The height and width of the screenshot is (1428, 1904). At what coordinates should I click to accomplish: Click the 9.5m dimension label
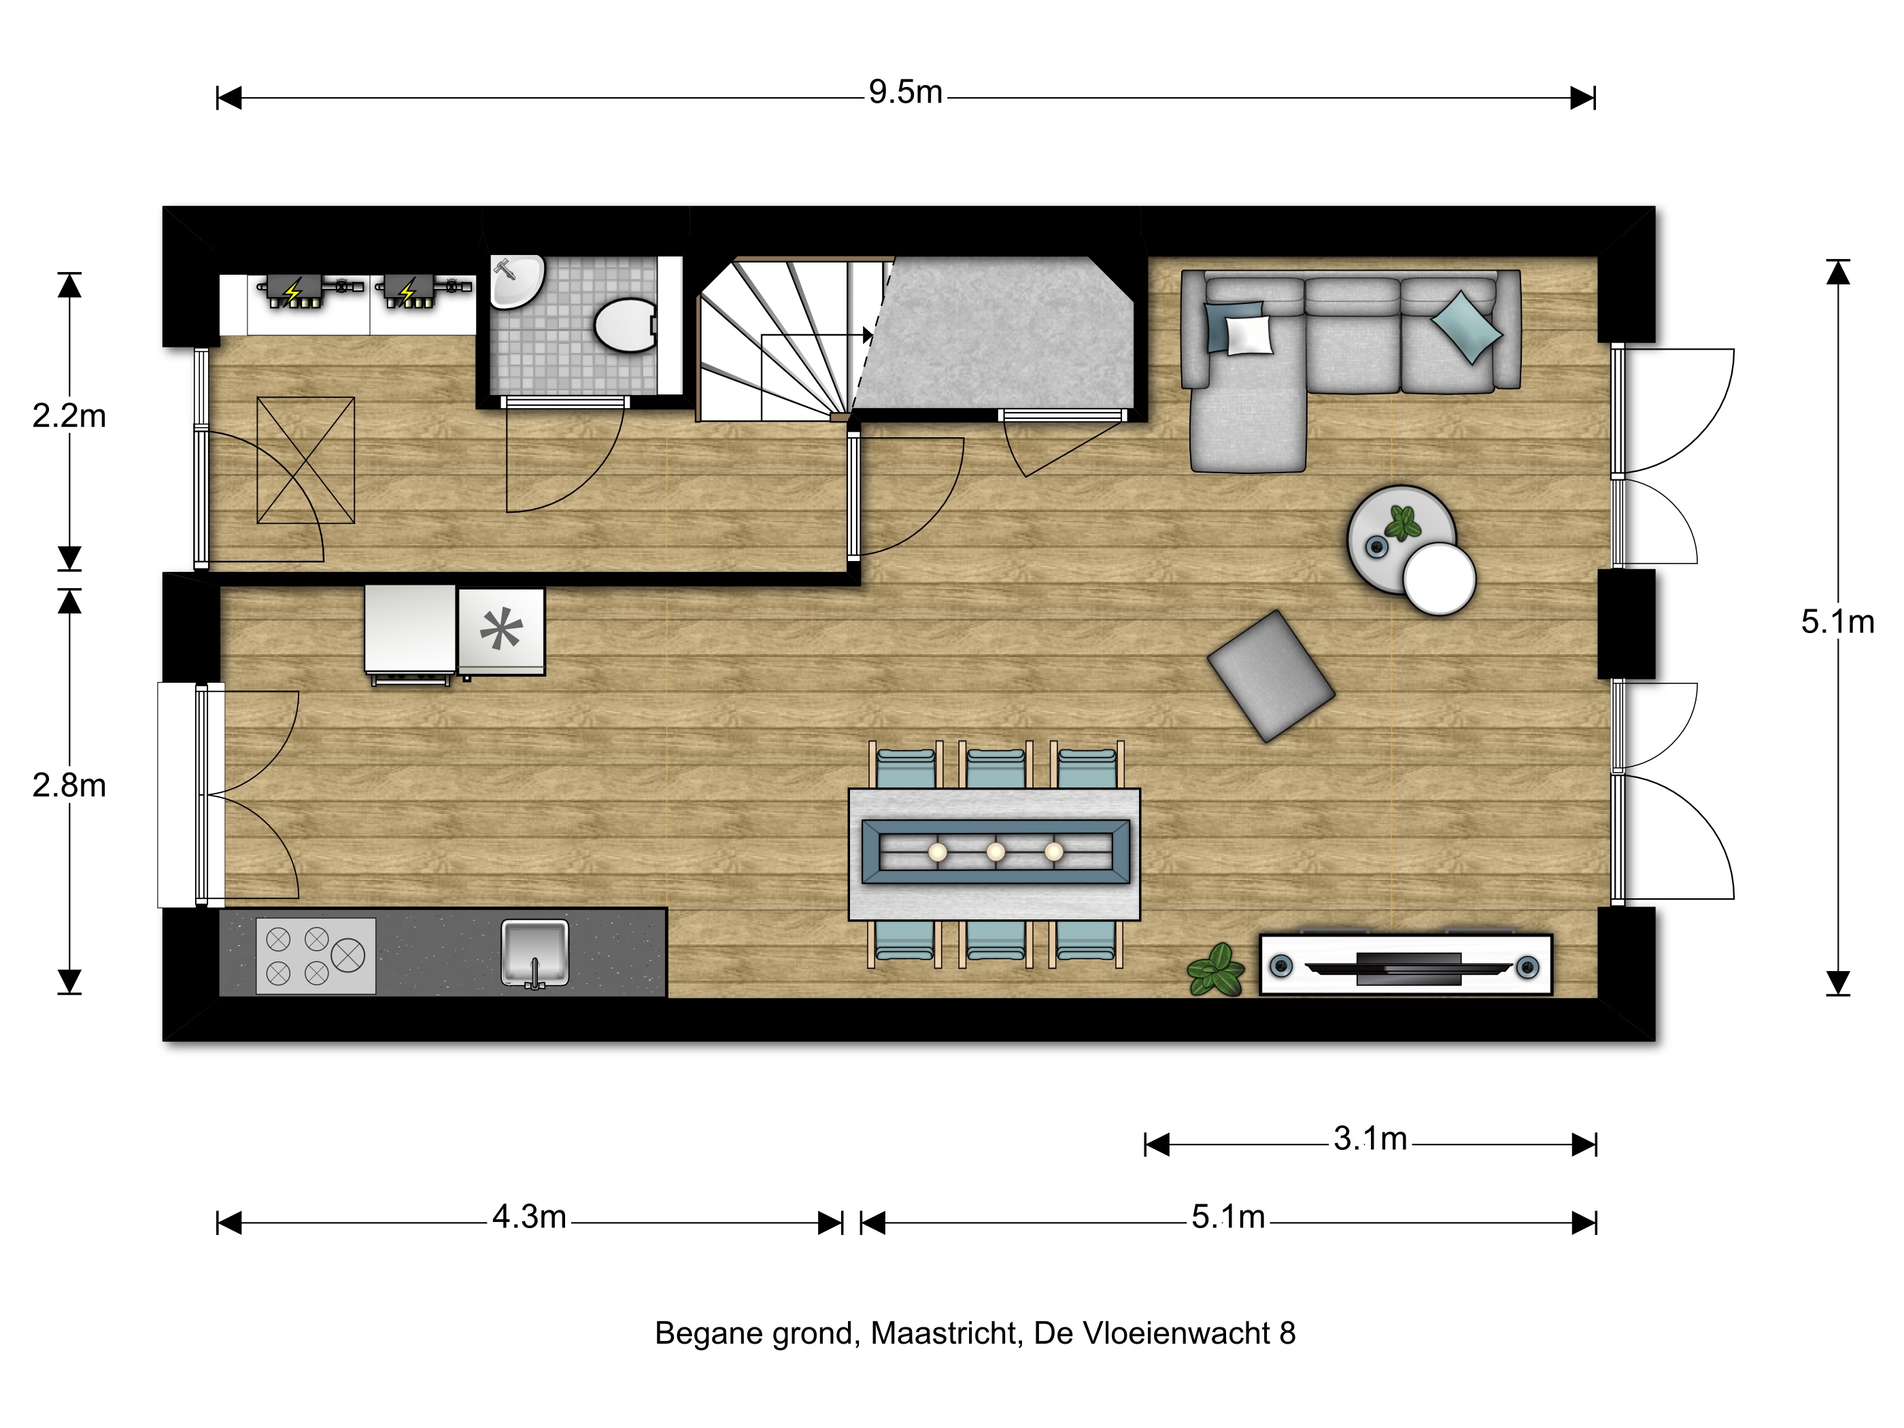coord(906,92)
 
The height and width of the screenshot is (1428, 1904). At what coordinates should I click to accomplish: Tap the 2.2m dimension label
coord(69,415)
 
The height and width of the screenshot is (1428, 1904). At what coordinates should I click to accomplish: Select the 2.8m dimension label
coord(69,785)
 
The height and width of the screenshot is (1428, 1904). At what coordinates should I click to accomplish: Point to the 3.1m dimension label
coord(1370,1139)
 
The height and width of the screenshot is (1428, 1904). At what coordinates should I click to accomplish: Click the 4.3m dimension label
coord(529,1217)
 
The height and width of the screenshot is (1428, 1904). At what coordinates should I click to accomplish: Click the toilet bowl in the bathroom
coord(626,325)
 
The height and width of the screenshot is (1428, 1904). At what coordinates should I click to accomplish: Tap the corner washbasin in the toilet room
coord(516,281)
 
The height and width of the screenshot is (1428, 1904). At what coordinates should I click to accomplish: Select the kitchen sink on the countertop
coord(534,953)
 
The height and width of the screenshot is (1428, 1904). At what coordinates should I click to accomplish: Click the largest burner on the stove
coord(347,955)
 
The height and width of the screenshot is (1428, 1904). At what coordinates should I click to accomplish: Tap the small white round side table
coord(1439,579)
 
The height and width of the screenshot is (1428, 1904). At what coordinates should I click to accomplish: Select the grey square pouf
coord(1270,676)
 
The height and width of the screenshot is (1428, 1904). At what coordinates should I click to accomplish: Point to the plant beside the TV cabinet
coord(1215,970)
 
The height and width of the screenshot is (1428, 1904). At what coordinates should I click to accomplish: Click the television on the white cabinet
coord(1408,968)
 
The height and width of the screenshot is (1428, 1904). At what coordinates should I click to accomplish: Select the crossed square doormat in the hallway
coord(305,460)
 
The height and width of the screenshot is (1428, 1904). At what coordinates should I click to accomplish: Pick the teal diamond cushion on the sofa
coord(1467,326)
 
